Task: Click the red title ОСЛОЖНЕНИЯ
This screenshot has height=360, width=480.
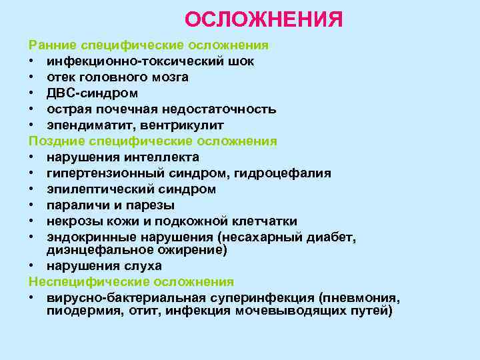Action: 264,19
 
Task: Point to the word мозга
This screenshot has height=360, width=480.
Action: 170,77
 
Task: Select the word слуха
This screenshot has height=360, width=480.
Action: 141,265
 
